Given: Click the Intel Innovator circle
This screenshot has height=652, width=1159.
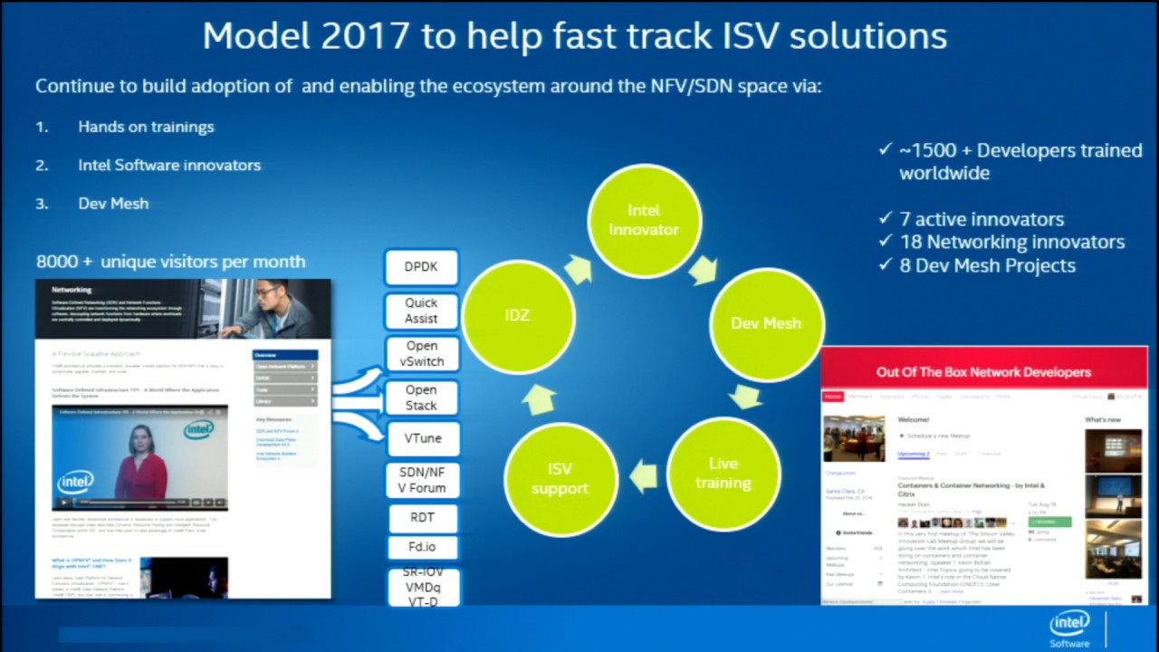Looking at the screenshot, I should coord(644,220).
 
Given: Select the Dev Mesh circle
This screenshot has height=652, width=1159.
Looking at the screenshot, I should coord(765,323).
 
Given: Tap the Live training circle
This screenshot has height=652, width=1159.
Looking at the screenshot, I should coord(723,473).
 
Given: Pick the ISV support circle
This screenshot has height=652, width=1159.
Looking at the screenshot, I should coord(560,478).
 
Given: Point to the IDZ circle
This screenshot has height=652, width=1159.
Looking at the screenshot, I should coord(518,314).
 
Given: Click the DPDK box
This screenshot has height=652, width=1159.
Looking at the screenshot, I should coord(421,268).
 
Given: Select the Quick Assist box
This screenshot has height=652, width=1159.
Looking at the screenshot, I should coord(421,311).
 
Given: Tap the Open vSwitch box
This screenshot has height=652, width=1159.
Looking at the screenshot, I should coord(421,353).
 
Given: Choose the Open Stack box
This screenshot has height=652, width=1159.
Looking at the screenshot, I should coord(421,398).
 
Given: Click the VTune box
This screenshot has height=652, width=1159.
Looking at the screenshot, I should coord(421,438).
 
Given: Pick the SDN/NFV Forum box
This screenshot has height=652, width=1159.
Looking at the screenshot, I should coord(421,480).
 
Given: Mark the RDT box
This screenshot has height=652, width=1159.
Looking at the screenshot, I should coord(421,519).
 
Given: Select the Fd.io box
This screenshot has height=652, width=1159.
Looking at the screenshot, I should coord(421,548).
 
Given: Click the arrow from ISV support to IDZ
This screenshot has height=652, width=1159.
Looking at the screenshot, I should coord(539,398).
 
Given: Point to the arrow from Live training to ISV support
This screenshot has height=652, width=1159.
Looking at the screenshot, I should coord(643,476).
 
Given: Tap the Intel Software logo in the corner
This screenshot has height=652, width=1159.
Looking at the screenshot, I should coord(1070,628).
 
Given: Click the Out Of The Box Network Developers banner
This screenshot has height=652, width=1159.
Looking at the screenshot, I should coord(983,372).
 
